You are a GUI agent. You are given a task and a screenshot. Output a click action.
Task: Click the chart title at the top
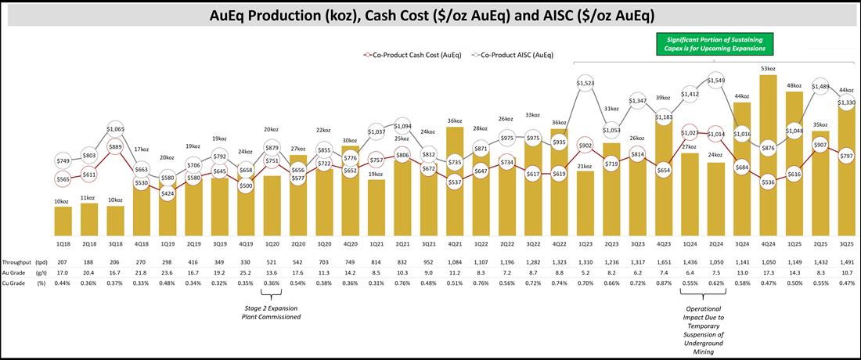click(x=430, y=15)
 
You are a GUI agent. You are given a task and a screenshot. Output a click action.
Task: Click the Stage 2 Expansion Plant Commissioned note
click(x=272, y=312)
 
